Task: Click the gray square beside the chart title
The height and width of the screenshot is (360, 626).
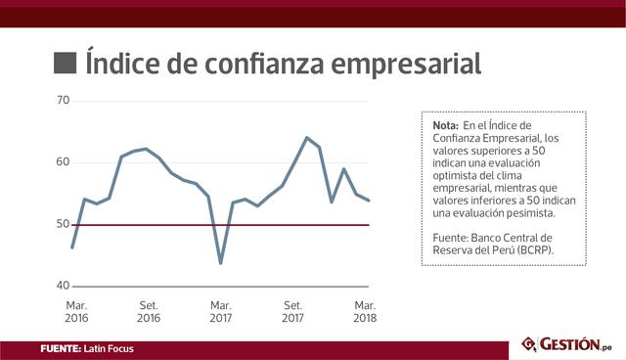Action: click(x=65, y=64)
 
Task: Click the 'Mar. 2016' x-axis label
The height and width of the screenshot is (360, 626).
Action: click(x=76, y=311)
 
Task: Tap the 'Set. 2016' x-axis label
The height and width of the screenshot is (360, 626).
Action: click(x=149, y=311)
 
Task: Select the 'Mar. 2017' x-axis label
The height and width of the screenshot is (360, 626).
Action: click(x=221, y=311)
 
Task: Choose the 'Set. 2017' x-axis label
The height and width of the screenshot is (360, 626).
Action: click(x=292, y=311)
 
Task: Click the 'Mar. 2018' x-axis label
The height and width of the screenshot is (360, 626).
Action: click(x=365, y=311)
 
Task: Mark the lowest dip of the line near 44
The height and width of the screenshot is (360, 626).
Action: click(x=221, y=262)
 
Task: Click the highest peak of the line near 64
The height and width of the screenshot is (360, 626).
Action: click(x=307, y=138)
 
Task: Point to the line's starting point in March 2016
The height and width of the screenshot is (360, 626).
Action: click(x=72, y=247)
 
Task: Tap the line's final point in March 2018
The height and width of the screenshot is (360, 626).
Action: click(x=369, y=201)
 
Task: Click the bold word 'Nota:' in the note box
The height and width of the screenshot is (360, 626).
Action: click(x=445, y=126)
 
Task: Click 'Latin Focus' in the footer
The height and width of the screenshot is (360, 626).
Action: click(x=109, y=348)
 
